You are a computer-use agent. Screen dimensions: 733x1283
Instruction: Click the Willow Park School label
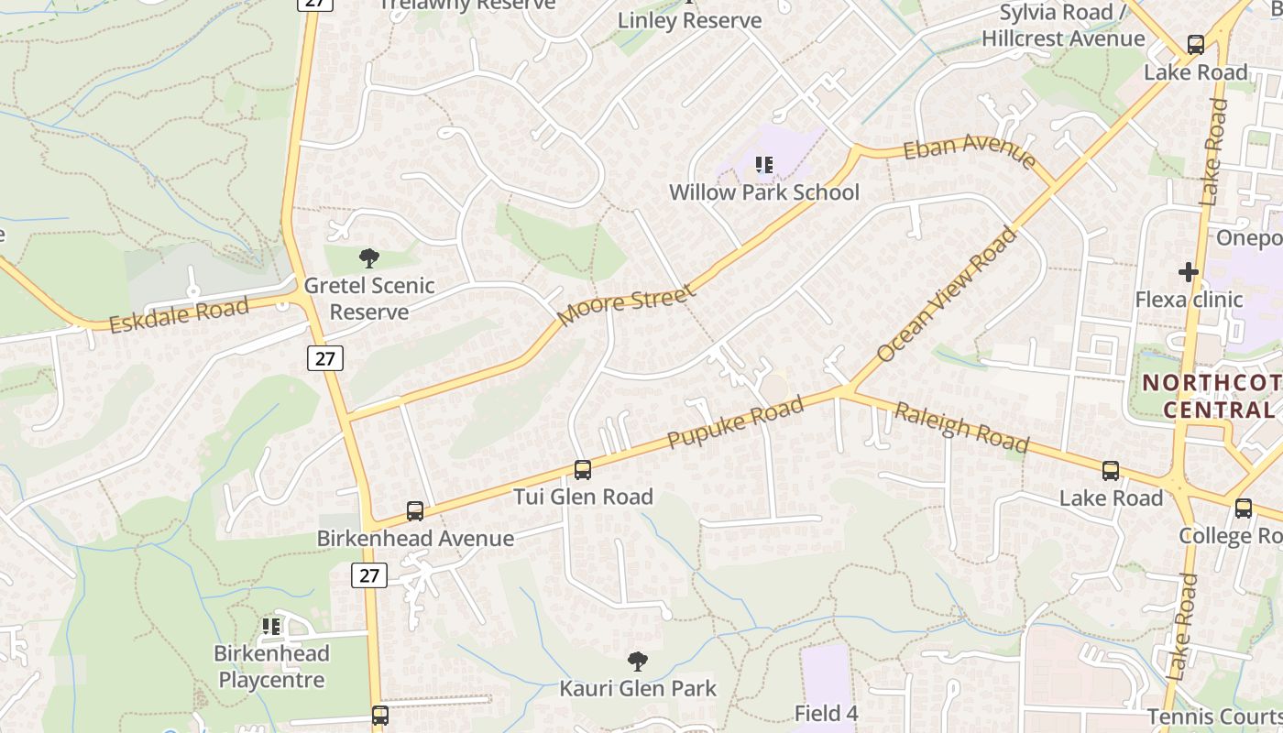click(x=763, y=192)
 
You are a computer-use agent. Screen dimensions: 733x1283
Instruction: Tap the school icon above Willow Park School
click(x=764, y=165)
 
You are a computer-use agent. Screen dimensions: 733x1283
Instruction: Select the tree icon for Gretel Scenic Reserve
click(x=369, y=257)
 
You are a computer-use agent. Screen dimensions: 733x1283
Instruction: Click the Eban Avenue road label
click(x=970, y=152)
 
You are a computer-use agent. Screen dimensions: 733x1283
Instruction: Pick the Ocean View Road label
click(x=946, y=294)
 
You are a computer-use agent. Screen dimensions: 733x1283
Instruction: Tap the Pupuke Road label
click(x=735, y=422)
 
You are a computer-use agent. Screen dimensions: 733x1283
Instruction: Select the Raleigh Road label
click(x=962, y=427)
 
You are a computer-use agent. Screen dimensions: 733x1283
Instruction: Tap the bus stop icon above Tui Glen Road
click(x=583, y=470)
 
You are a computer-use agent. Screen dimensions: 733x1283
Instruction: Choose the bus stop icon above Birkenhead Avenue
click(x=415, y=511)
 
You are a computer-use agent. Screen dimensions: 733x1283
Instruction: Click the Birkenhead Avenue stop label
click(x=415, y=538)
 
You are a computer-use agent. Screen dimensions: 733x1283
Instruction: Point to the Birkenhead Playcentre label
click(x=271, y=667)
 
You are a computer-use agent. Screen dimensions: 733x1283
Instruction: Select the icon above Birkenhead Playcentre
click(x=271, y=627)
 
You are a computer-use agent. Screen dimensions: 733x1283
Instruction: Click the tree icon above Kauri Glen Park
click(x=638, y=661)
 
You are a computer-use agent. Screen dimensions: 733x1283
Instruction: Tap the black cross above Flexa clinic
click(x=1189, y=272)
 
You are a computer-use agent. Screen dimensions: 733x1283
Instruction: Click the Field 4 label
click(x=826, y=713)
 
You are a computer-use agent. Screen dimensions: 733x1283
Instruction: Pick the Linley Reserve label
click(x=689, y=20)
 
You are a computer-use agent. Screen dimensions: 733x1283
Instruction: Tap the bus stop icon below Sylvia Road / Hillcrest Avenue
click(x=1196, y=44)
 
